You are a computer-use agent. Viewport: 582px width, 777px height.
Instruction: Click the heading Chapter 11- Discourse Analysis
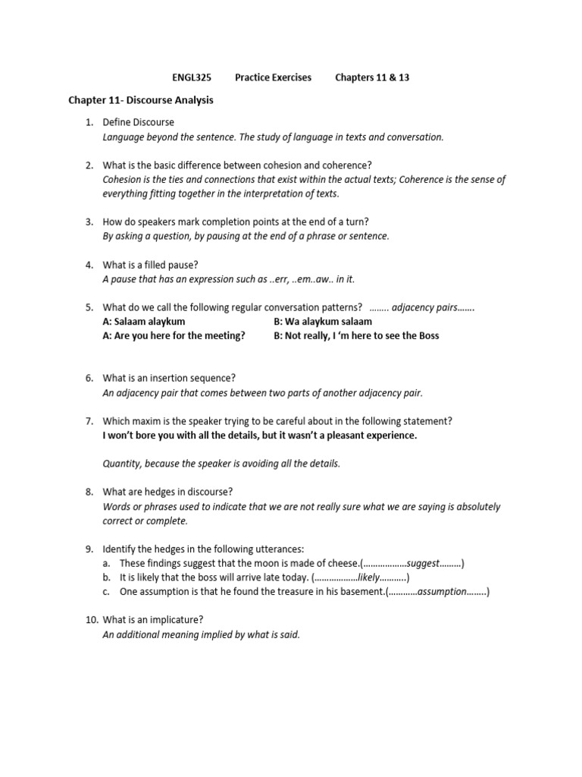point(141,100)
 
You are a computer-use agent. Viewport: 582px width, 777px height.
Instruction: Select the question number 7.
point(89,421)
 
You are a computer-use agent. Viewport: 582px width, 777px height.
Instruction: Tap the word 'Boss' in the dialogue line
point(427,335)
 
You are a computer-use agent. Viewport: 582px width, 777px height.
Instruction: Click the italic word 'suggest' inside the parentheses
point(423,563)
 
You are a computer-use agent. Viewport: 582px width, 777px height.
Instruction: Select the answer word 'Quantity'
point(122,464)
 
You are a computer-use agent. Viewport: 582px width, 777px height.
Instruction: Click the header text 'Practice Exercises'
point(273,78)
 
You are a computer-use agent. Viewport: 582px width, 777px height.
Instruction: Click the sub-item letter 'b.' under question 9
point(106,577)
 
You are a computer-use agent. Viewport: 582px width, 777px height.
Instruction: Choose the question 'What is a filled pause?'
point(155,265)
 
